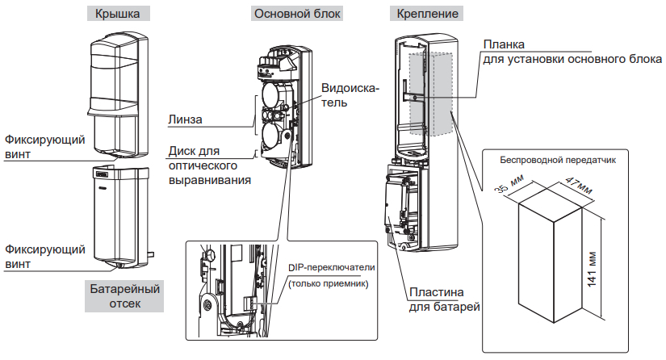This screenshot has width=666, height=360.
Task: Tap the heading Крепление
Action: click(x=425, y=15)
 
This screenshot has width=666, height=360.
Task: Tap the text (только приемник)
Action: click(x=326, y=283)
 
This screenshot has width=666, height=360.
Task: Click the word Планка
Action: click(x=504, y=44)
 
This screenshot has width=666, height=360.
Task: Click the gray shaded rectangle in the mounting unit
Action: click(x=431, y=93)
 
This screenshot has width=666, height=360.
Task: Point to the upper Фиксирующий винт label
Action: click(x=44, y=146)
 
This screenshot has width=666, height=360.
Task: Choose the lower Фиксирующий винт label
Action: click(x=44, y=256)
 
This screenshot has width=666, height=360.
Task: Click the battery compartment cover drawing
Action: click(x=119, y=214)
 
